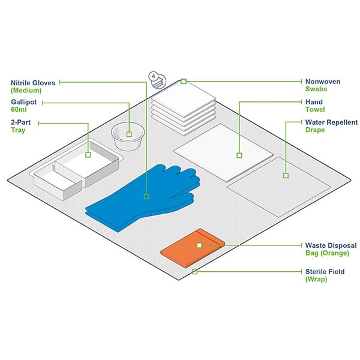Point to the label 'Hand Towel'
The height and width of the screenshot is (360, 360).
pos(314,106)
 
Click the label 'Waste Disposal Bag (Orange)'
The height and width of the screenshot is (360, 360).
pos(331,249)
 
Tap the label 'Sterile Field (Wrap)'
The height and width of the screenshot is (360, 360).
pos(325,275)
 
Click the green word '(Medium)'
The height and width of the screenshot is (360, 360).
pos(25,91)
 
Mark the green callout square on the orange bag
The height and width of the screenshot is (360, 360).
pos(199,245)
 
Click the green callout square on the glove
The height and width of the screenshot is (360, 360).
pos(146,196)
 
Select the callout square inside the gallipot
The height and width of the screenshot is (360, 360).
pos(129,134)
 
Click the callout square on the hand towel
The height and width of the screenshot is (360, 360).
pos(239,155)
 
